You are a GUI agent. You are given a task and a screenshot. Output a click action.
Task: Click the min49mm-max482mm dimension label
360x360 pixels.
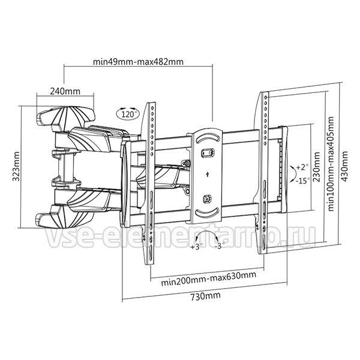(x=138, y=62)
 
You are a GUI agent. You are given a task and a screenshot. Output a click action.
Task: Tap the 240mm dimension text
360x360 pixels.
(x=65, y=91)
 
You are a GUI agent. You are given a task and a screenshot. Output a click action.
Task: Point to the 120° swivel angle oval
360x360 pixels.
(x=127, y=113)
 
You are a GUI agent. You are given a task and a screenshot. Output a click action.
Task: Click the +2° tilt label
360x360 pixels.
(x=302, y=167)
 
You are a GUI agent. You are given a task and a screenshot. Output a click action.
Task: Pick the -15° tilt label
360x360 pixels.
(x=302, y=181)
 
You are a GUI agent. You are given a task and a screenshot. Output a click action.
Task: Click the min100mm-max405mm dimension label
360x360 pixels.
(x=331, y=164)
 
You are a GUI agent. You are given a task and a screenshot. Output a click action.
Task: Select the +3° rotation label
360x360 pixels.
(x=197, y=247)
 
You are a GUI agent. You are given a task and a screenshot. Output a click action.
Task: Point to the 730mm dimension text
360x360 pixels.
(x=205, y=296)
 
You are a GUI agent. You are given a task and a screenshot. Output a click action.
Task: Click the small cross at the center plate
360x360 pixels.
(x=207, y=174)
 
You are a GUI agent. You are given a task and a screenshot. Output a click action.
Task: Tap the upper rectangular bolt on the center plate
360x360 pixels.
(x=208, y=152)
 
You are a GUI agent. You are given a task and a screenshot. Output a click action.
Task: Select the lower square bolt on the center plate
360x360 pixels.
(x=208, y=199)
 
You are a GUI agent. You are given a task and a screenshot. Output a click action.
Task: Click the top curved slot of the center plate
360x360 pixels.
(x=208, y=137)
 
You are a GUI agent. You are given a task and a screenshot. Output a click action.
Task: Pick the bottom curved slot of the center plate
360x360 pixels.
(x=208, y=214)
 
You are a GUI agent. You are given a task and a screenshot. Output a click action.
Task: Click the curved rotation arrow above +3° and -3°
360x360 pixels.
(x=206, y=232)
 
